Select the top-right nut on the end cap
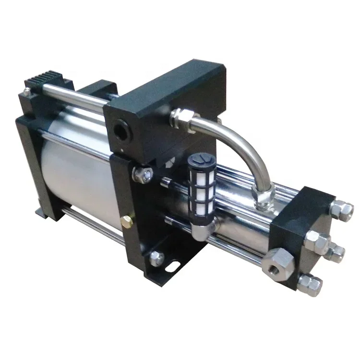tap(342, 209)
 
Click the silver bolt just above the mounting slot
tap(156, 258)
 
